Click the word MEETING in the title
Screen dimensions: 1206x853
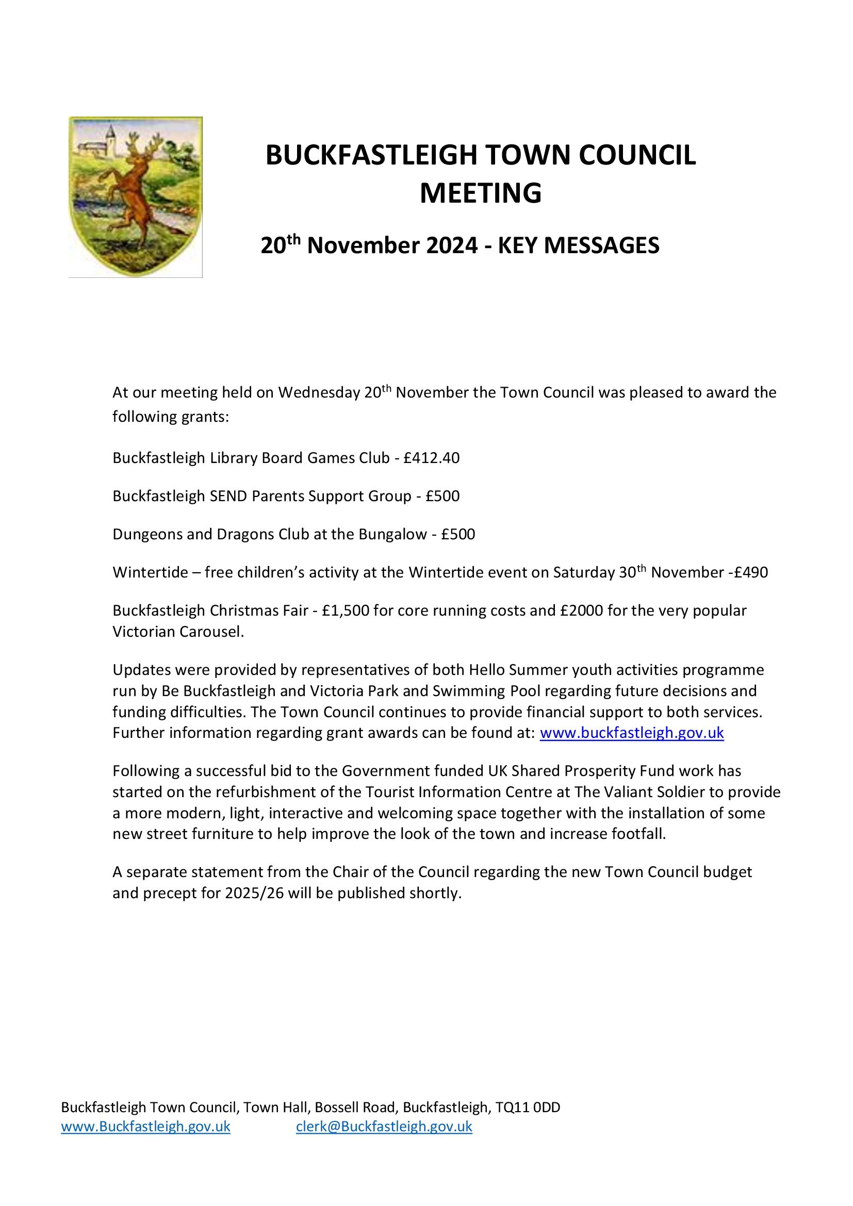480,193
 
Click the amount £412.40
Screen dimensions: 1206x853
431,458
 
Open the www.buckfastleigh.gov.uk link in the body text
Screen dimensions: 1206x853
631,733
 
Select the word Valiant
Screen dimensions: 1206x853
624,791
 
